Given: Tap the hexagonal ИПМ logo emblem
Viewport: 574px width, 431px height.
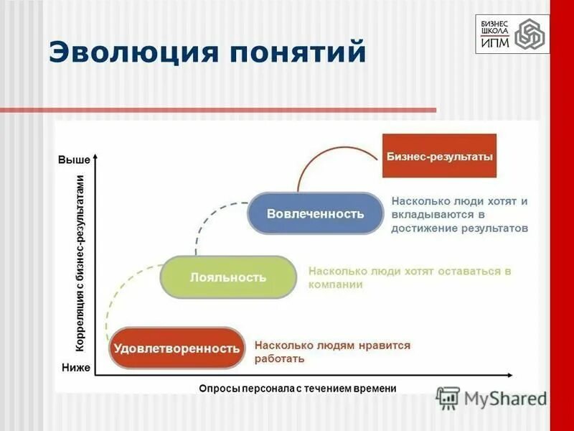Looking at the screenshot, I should click(x=530, y=34).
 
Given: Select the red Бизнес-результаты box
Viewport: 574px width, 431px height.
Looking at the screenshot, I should click(x=440, y=155).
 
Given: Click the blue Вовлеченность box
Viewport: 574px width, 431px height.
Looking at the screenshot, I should click(x=315, y=213).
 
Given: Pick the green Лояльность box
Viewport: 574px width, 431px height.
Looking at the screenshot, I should click(x=227, y=277).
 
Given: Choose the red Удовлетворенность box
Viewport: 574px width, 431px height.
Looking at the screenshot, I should click(x=175, y=348).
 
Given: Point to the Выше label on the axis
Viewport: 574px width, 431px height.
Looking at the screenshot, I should click(x=74, y=159).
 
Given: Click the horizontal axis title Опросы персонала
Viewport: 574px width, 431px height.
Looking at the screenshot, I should click(x=297, y=388).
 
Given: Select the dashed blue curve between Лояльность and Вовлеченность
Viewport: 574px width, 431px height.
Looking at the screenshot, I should click(x=208, y=215).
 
